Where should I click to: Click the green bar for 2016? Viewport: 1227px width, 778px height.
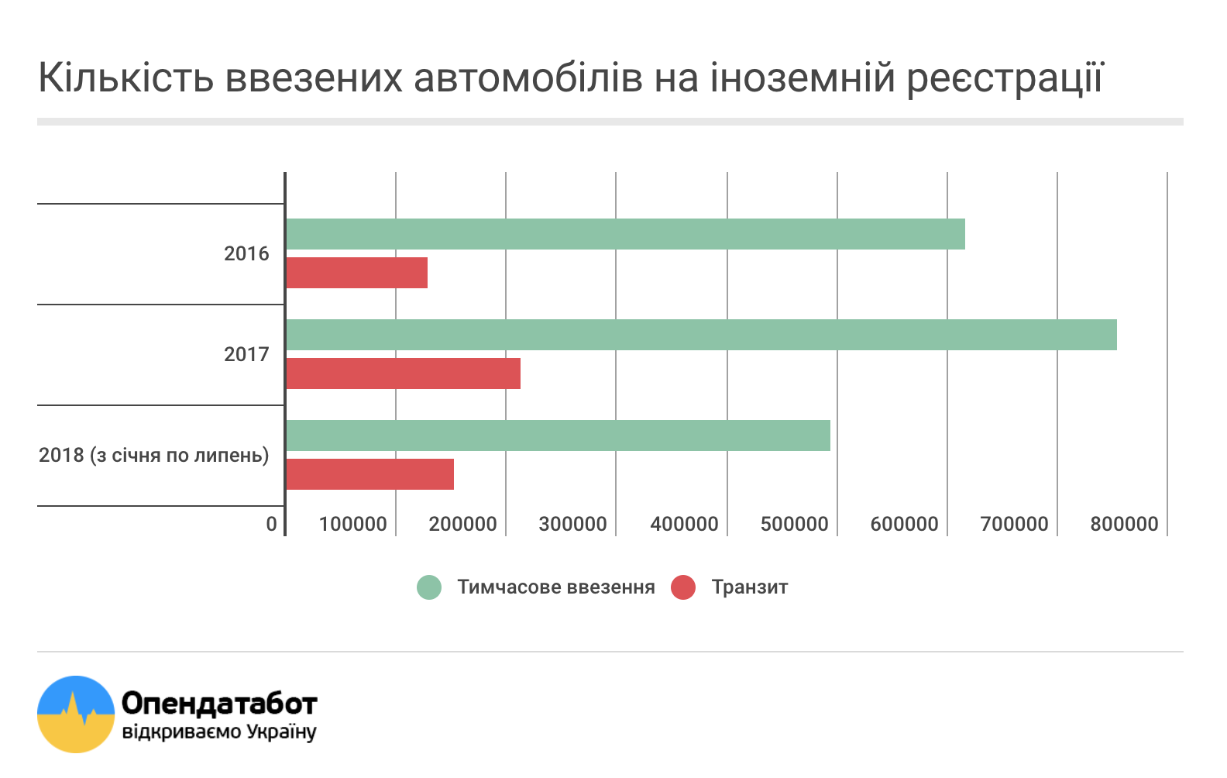tap(625, 234)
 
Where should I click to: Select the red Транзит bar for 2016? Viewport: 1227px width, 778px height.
tap(356, 273)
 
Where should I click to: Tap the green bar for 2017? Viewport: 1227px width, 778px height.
tap(701, 335)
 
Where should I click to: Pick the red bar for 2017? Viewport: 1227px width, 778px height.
tap(403, 374)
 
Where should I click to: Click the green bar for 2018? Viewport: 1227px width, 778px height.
tap(558, 435)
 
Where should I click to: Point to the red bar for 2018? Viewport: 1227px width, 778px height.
tap(369, 474)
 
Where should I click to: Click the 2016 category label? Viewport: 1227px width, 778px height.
tap(246, 253)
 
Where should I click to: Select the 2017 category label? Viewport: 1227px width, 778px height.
tap(246, 354)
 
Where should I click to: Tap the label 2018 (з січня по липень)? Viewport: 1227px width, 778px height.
tap(154, 455)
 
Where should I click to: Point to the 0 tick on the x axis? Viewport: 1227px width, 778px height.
tap(271, 524)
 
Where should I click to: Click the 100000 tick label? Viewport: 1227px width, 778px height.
tap(352, 524)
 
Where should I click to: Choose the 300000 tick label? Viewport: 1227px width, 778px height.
tap(572, 524)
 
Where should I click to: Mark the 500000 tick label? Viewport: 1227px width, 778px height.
tap(794, 524)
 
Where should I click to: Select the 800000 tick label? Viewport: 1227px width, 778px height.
tap(1124, 524)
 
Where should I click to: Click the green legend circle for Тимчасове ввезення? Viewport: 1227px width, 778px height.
tap(429, 587)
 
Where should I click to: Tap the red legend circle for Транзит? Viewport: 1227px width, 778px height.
tap(683, 587)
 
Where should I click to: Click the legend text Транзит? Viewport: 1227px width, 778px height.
tap(749, 587)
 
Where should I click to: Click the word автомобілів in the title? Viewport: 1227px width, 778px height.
tap(528, 77)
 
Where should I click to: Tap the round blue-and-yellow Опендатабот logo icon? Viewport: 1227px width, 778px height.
tap(76, 714)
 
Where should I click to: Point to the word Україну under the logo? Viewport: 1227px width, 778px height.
tap(281, 732)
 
